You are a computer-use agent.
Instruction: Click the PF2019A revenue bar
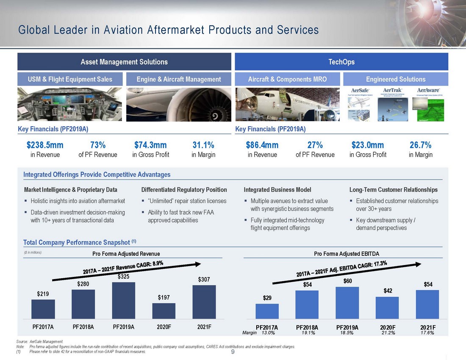click(x=124, y=300)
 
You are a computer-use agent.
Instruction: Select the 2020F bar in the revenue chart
click(x=164, y=311)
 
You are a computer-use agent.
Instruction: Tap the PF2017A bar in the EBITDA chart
click(x=267, y=311)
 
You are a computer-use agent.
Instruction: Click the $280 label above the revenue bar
click(x=83, y=284)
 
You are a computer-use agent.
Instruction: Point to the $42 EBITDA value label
click(x=387, y=291)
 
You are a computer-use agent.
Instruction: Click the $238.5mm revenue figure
click(x=45, y=145)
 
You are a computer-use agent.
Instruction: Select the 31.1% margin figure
click(x=203, y=145)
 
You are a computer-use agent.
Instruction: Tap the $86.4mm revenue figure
click(x=262, y=145)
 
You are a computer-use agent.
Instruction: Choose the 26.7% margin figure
click(x=420, y=145)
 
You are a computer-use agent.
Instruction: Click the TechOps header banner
click(x=341, y=62)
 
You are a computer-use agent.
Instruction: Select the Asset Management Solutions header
click(x=124, y=62)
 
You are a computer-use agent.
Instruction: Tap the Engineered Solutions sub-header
click(x=396, y=79)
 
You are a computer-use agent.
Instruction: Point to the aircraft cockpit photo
click(x=70, y=104)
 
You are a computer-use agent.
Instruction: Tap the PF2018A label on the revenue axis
click(x=83, y=327)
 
